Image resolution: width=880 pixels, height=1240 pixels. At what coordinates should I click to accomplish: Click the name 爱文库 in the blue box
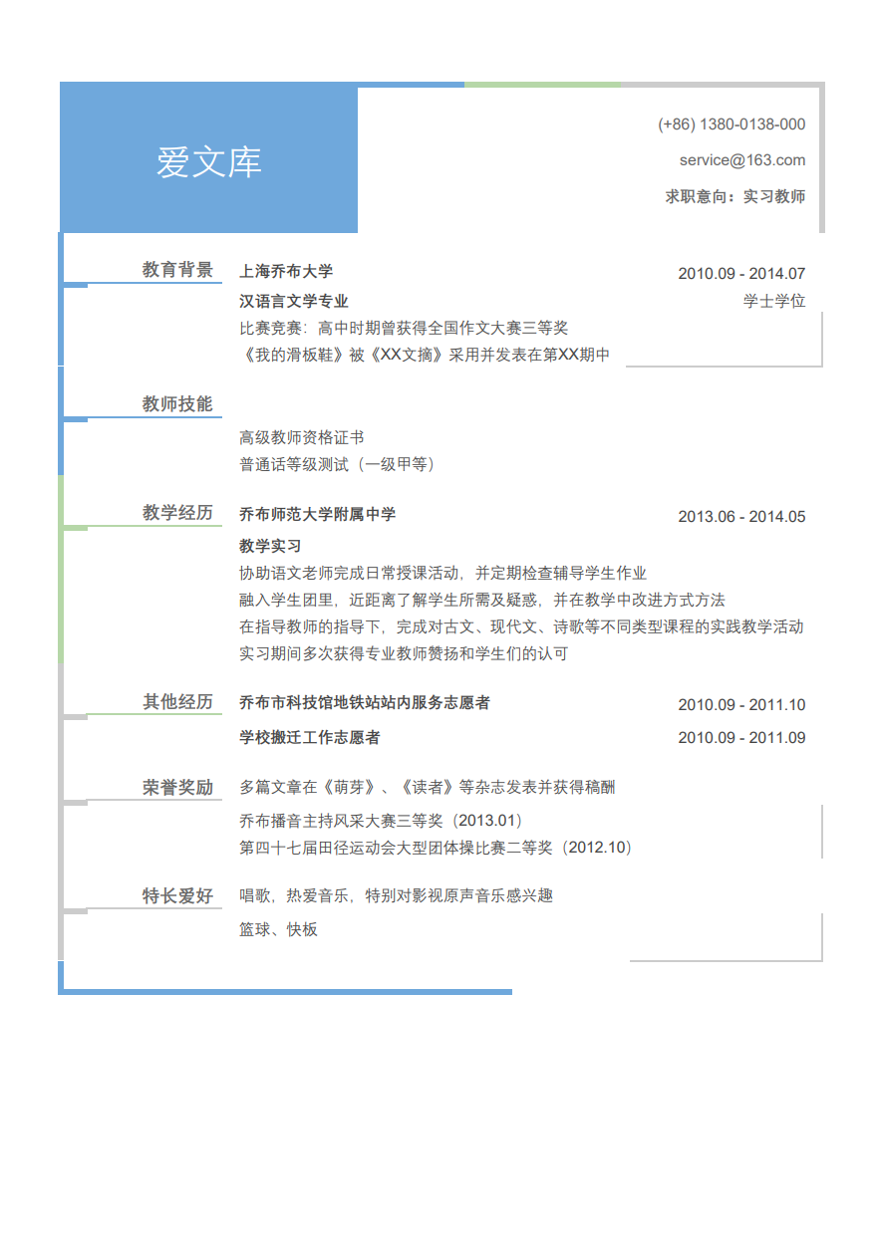[x=208, y=162]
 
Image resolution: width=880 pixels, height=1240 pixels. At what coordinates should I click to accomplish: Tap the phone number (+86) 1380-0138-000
[x=732, y=124]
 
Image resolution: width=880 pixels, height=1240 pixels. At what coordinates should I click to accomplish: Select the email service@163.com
[x=742, y=160]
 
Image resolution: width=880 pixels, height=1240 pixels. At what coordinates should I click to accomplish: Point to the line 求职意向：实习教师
[x=734, y=196]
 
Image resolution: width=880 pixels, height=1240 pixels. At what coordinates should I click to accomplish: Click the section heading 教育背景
[x=177, y=270]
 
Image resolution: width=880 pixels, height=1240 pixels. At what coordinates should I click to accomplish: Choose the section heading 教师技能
[x=177, y=403]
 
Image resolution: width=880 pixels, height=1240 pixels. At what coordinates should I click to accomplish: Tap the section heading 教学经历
[x=177, y=512]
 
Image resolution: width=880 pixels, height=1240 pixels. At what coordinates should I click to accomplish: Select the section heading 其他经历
[x=177, y=701]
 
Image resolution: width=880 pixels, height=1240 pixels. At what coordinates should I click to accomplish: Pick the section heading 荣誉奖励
[x=177, y=787]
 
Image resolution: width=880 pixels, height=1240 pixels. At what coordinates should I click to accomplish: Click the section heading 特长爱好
[x=177, y=895]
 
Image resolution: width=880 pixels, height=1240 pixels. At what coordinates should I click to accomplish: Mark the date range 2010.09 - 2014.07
[x=741, y=274]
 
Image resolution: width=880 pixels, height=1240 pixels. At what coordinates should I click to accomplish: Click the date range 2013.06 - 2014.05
[x=741, y=517]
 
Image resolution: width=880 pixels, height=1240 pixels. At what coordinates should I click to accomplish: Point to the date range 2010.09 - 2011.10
[x=741, y=705]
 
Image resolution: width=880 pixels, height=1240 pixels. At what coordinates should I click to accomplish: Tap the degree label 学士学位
[x=774, y=301]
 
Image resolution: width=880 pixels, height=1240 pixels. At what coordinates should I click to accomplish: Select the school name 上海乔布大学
[x=286, y=271]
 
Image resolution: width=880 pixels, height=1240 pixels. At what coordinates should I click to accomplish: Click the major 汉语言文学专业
[x=294, y=301]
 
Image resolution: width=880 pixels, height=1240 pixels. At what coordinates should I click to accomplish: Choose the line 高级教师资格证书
[x=301, y=437]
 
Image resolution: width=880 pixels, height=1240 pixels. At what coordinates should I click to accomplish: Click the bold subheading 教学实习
[x=270, y=546]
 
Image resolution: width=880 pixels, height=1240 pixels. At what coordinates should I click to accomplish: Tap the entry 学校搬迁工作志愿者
[x=310, y=737]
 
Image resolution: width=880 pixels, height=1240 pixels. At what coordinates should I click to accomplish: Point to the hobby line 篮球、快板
[x=278, y=929]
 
